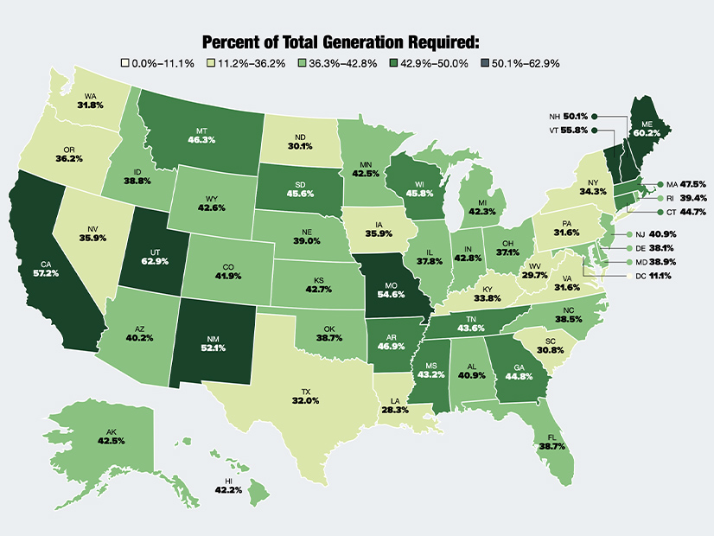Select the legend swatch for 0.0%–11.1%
[x=125, y=63]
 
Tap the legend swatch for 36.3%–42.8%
[x=301, y=63]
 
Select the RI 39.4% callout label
[x=687, y=198]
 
